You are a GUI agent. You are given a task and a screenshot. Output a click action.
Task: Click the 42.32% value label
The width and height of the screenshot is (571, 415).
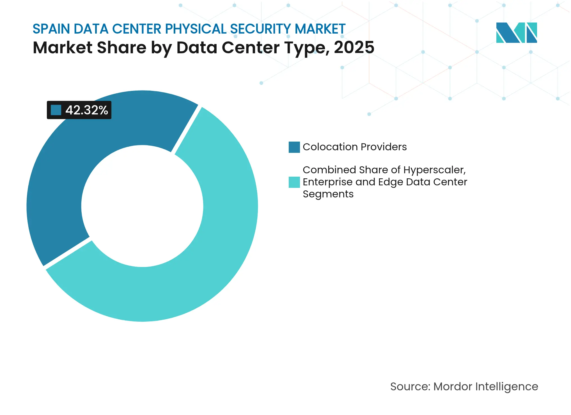(86, 110)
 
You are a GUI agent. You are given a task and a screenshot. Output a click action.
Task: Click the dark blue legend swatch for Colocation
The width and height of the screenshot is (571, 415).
(294, 147)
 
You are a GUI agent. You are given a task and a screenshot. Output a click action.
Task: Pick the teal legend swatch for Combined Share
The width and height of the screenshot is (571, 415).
(294, 182)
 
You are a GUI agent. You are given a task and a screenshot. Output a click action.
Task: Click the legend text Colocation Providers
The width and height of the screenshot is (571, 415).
(355, 147)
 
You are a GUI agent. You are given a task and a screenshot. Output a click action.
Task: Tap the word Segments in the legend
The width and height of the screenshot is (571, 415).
(328, 194)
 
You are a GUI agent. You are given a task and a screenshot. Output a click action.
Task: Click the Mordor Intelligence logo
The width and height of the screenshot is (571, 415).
(516, 33)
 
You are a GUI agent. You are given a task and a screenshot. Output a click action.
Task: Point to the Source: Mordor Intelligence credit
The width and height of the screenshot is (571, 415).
(464, 387)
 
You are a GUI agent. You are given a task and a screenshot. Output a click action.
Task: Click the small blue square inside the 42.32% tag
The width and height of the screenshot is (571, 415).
(56, 110)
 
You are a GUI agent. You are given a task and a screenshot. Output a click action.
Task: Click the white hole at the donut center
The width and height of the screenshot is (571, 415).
(142, 206)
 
